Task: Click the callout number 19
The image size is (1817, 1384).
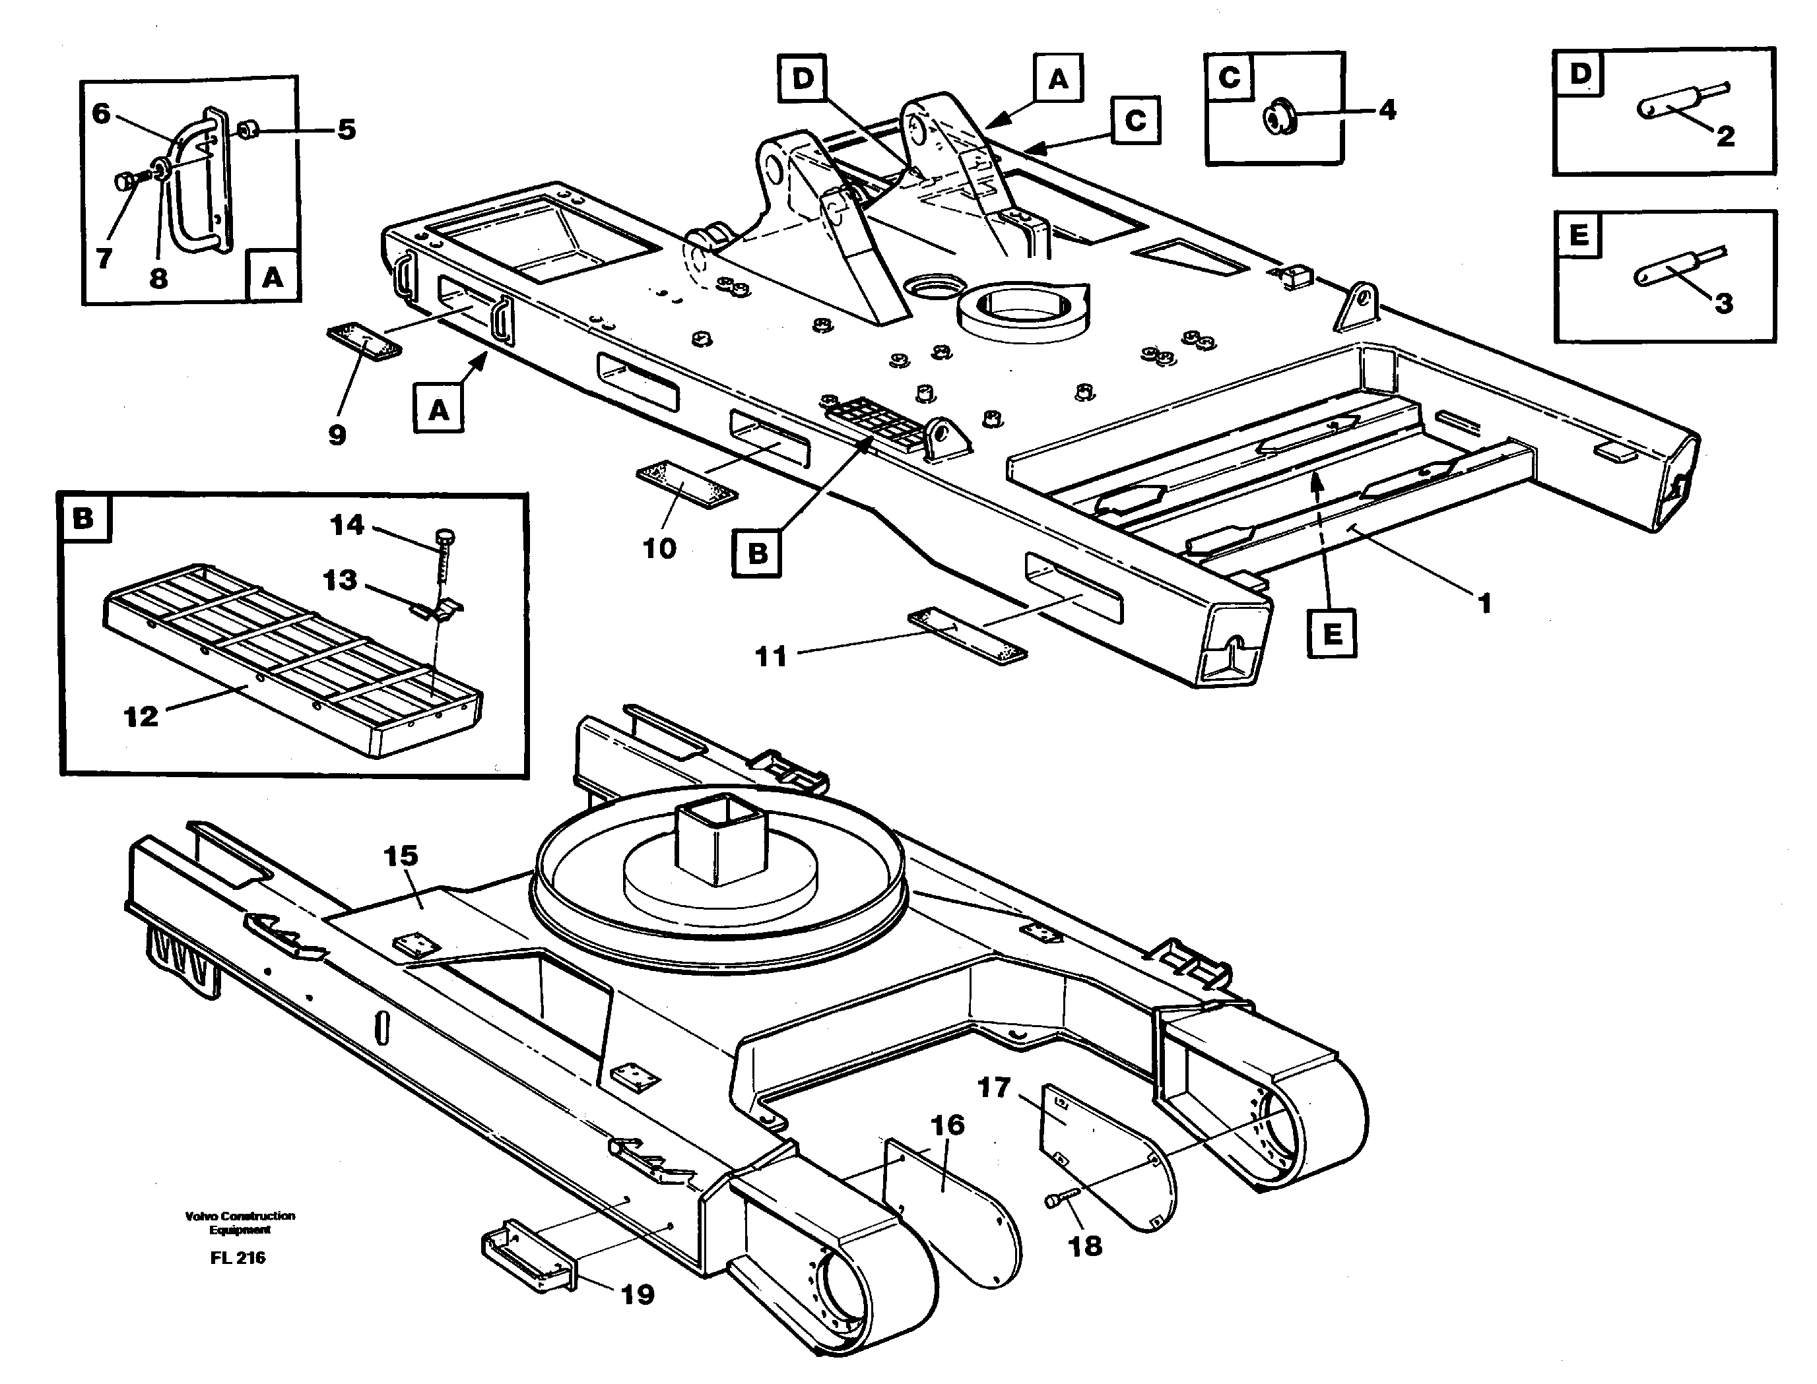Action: click(x=637, y=1294)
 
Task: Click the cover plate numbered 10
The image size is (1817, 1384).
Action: click(x=686, y=486)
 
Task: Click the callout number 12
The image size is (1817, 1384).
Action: click(x=140, y=716)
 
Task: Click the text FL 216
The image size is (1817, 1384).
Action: click(x=238, y=1258)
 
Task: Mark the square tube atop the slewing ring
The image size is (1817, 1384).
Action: click(x=723, y=843)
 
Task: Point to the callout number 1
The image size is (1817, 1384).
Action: click(x=1484, y=604)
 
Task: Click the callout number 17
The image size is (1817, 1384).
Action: click(x=994, y=1087)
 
